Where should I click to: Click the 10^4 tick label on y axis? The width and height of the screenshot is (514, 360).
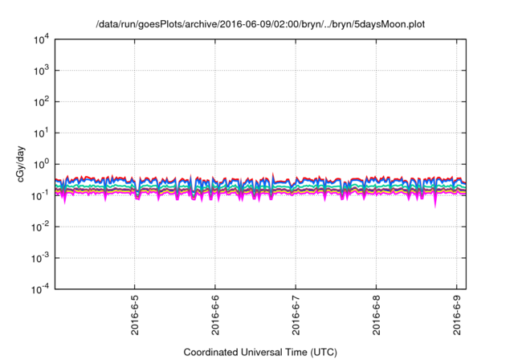click(x=43, y=39)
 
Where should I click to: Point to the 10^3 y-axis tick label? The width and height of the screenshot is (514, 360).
click(x=43, y=70)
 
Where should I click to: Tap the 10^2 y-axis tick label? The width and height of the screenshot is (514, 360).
click(x=43, y=101)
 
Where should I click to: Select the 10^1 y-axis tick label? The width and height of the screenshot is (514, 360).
click(x=43, y=133)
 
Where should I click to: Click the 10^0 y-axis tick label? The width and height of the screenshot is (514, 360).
click(x=43, y=164)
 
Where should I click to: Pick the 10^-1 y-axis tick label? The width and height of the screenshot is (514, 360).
click(x=41, y=195)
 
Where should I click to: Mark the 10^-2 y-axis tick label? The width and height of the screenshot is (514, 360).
click(x=41, y=227)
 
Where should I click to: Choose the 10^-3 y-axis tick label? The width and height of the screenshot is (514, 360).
click(x=41, y=258)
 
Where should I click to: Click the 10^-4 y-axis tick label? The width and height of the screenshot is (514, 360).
click(x=41, y=289)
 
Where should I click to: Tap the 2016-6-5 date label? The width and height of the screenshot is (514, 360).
click(x=135, y=317)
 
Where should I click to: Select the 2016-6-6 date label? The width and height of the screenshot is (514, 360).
click(x=215, y=317)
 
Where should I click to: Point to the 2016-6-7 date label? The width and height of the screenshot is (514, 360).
click(x=296, y=317)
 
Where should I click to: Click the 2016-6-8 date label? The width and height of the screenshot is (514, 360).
click(x=377, y=317)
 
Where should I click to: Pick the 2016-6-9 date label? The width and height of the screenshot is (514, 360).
click(x=458, y=317)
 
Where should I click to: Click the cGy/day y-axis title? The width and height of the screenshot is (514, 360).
click(x=22, y=164)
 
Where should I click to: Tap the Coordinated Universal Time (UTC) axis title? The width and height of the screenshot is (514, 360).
click(x=260, y=352)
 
